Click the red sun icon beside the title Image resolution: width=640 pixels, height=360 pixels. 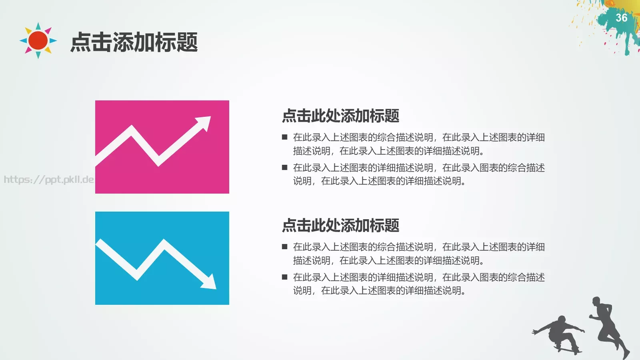38,40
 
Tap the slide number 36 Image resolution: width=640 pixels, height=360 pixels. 621,18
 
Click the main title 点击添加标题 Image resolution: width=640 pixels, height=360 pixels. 134,42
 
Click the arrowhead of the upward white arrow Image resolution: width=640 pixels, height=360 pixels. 204,122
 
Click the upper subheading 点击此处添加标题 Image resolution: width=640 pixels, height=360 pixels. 340,116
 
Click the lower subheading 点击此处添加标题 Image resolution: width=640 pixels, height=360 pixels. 340,226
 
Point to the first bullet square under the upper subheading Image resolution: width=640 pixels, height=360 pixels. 285,137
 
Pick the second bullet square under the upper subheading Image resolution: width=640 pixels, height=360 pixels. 285,168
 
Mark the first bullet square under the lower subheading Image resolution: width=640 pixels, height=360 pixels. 285,247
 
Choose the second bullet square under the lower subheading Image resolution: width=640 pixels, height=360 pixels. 285,277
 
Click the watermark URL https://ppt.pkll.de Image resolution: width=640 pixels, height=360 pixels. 48,179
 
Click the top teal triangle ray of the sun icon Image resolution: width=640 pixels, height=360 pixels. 38,26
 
